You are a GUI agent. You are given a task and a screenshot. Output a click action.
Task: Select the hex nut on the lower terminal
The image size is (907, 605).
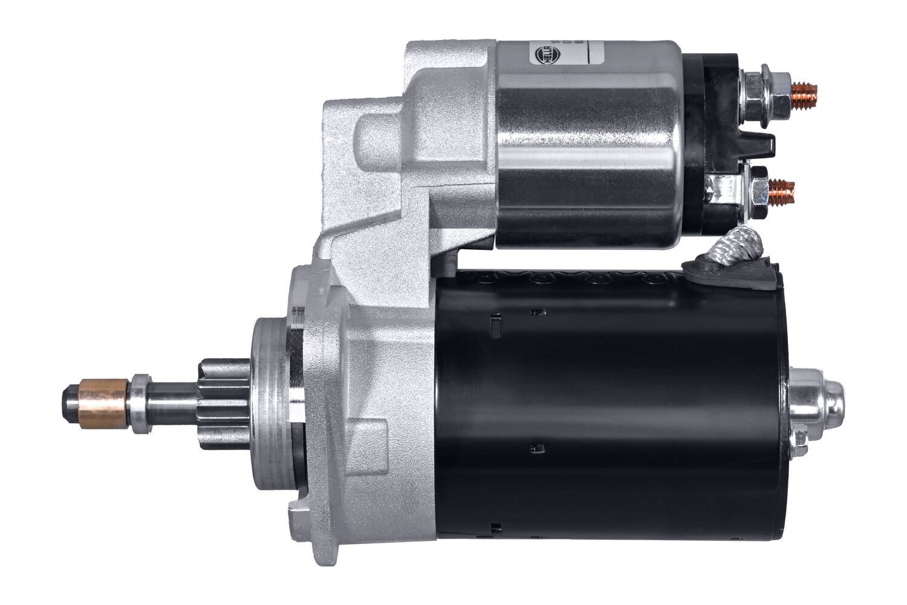pos(759,192)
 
